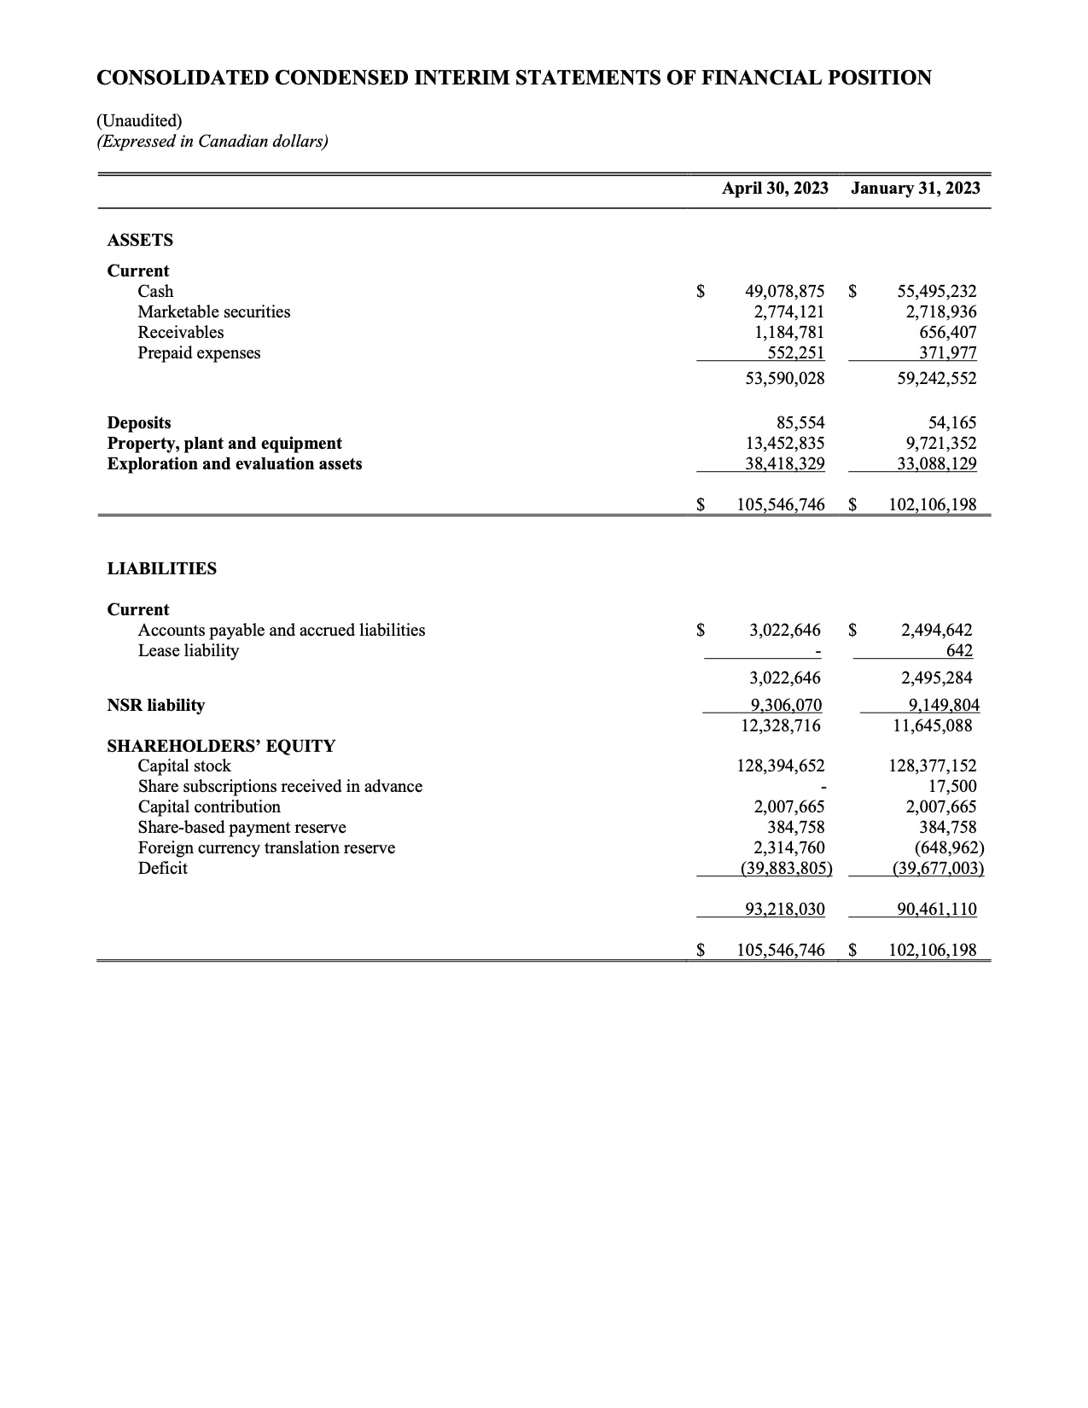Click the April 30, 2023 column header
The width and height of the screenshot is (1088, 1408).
tap(774, 189)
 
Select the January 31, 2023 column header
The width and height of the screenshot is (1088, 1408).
tap(915, 189)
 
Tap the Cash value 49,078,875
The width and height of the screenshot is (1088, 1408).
tap(784, 291)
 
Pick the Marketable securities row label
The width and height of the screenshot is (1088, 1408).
tap(213, 311)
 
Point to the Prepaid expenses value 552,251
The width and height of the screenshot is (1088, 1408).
tap(796, 352)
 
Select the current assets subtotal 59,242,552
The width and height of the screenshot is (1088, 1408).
tap(936, 378)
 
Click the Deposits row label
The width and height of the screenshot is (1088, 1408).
tap(138, 422)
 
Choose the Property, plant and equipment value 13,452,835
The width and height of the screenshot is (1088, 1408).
tap(784, 443)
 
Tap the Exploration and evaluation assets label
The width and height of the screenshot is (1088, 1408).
tap(234, 463)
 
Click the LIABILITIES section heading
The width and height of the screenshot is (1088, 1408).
tap(161, 568)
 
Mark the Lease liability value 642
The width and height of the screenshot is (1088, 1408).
tap(959, 650)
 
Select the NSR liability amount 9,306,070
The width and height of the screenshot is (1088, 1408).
tap(785, 705)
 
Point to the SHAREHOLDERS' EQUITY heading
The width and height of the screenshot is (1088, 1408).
tap(220, 746)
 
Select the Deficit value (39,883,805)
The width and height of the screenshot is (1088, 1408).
tap(785, 868)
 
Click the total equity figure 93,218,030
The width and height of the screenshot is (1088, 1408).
tap(784, 909)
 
